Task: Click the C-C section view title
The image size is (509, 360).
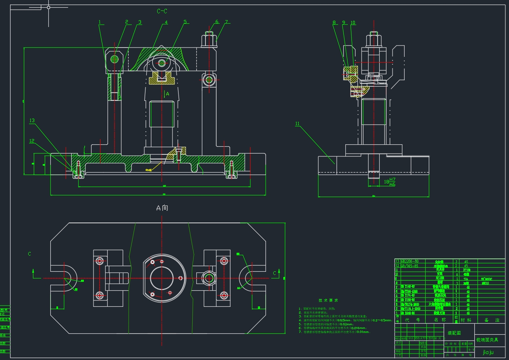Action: (162, 11)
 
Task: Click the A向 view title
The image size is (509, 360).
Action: (162, 208)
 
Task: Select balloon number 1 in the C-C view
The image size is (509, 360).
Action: (100, 23)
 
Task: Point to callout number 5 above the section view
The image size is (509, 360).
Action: (185, 22)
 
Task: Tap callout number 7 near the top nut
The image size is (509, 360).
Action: (227, 22)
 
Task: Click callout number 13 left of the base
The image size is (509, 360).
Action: (32, 121)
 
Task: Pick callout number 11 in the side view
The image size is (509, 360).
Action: (297, 124)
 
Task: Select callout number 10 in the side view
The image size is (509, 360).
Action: (353, 23)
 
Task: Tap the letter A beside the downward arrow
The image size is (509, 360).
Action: (168, 94)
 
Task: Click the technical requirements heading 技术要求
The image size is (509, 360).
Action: (328, 300)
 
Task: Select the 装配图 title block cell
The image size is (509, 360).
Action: (455, 333)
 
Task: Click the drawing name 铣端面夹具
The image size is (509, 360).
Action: (487, 340)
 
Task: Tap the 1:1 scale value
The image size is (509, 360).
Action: (471, 350)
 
